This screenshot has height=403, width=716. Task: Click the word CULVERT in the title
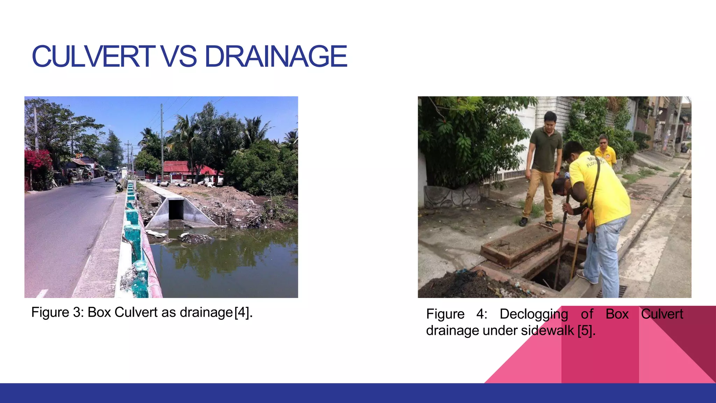pyautogui.click(x=93, y=56)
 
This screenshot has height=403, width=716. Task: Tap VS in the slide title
pyautogui.click(x=179, y=56)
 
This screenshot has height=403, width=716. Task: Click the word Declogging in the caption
pyautogui.click(x=534, y=314)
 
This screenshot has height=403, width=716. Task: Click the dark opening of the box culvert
pyautogui.click(x=176, y=210)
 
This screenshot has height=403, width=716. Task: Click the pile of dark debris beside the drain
pyautogui.click(x=465, y=285)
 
